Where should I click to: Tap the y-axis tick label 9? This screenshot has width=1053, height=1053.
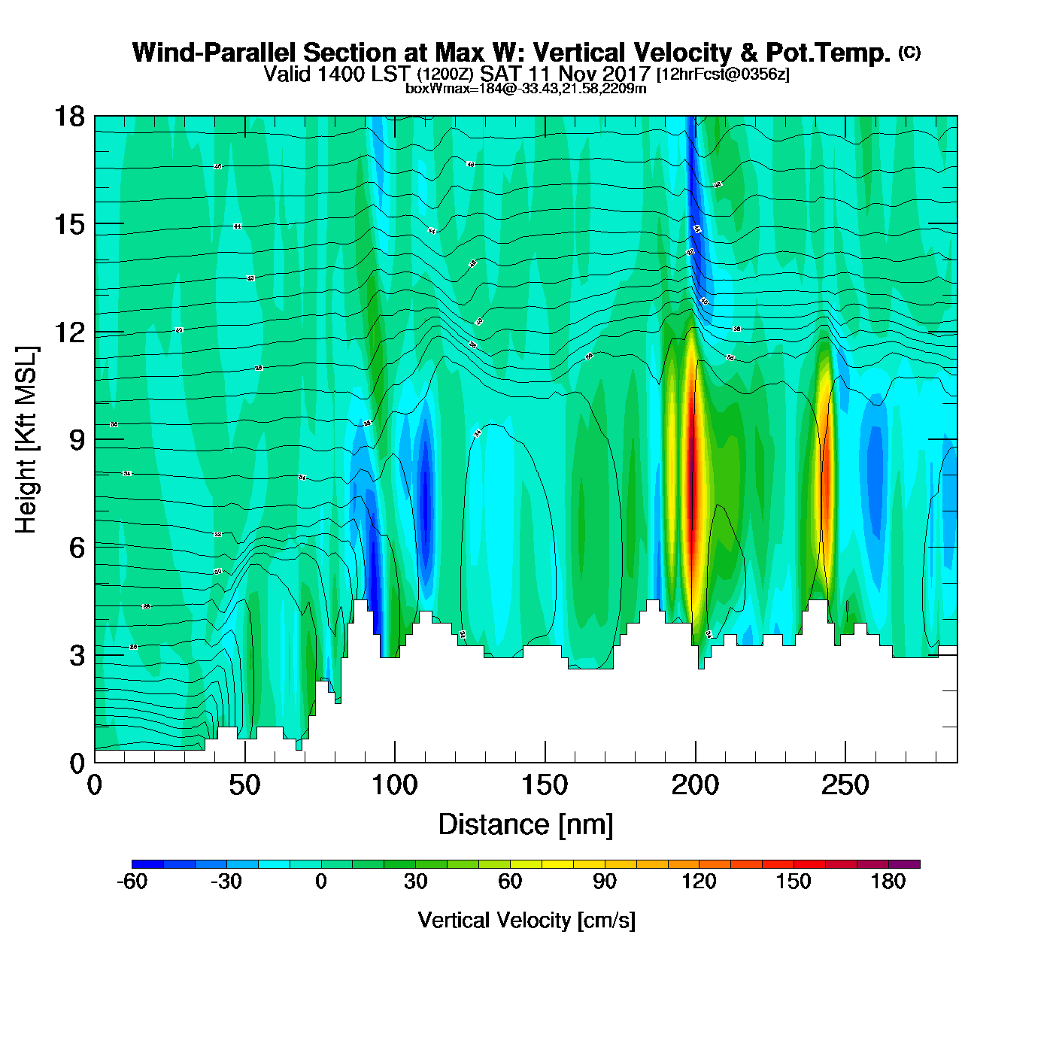pos(77,440)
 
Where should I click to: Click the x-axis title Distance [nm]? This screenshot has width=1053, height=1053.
pos(526,825)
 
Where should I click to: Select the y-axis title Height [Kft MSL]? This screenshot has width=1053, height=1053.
pos(26,440)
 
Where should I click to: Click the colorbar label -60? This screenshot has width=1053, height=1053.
pos(132,882)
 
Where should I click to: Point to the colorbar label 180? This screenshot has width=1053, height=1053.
pos(888,882)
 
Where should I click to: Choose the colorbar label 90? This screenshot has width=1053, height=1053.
pos(605,882)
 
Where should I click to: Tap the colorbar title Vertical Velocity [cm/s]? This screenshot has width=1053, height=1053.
pos(526,921)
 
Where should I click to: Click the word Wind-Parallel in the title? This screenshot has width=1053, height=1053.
pos(214,53)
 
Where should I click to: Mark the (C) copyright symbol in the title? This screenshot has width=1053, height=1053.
pos(909,52)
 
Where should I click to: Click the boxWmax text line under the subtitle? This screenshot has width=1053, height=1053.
pos(526,89)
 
